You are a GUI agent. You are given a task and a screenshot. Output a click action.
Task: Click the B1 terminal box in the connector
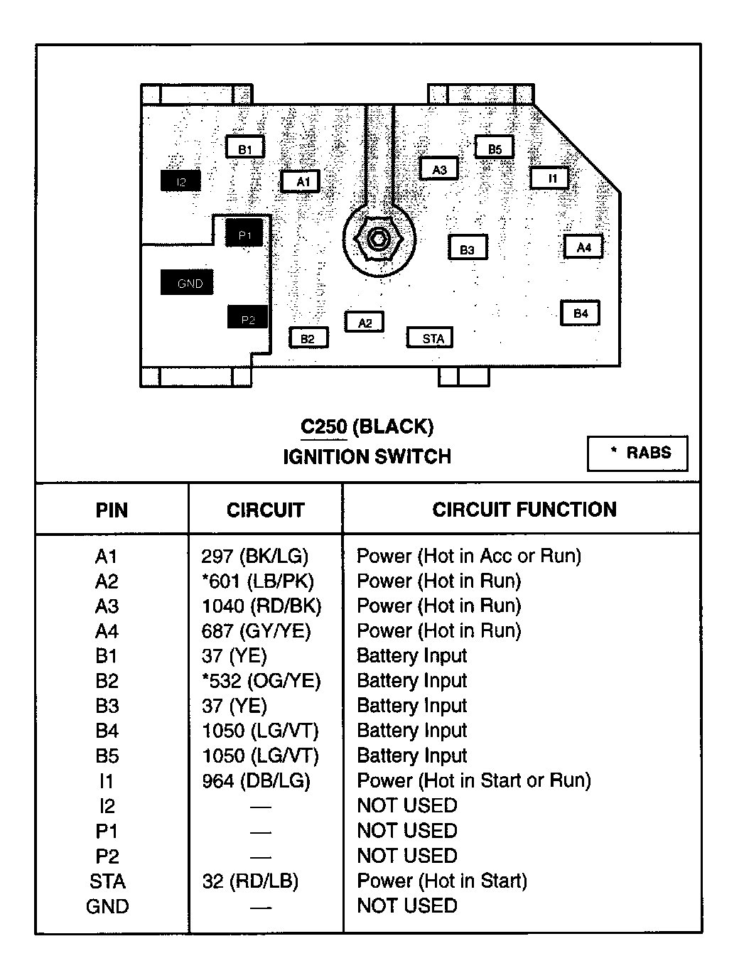245,148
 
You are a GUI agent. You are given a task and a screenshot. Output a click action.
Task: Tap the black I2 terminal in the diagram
180,181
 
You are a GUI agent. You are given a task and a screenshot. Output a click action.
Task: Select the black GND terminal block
188,283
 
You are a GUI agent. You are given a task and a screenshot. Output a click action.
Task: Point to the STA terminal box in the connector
431,338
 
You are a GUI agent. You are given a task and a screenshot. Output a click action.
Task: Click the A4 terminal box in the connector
583,247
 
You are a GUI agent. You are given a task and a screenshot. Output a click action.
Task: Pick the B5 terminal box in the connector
495,148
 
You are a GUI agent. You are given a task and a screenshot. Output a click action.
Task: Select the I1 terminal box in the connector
551,178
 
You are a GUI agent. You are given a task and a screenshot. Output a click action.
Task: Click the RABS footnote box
637,453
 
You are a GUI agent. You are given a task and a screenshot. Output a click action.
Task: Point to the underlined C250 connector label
323,426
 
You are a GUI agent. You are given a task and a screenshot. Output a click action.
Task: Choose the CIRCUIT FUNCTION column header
524,510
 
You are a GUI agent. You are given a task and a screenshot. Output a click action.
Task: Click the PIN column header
112,510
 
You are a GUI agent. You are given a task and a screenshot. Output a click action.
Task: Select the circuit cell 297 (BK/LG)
255,557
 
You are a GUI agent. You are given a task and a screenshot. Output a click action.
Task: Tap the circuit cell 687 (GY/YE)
256,631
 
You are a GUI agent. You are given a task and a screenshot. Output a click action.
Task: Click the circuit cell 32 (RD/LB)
250,881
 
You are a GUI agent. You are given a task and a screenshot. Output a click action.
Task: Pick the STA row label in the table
107,881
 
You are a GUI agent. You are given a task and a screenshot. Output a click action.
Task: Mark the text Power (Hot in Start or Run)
474,780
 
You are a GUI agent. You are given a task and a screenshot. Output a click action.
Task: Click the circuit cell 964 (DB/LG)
256,781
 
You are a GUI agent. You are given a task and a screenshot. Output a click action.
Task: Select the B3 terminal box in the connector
467,248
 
